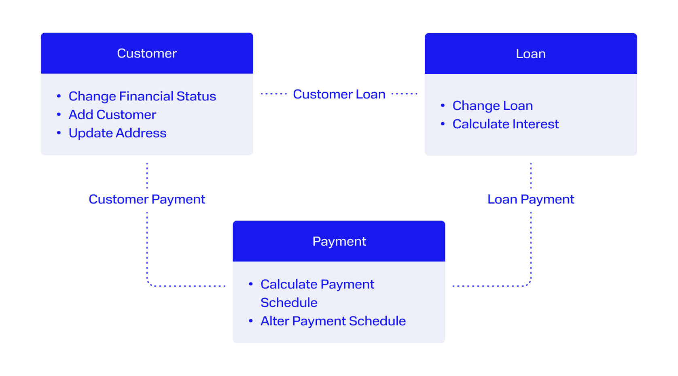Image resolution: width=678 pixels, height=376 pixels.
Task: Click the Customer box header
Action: (x=147, y=53)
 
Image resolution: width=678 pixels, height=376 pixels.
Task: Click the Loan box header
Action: (x=531, y=53)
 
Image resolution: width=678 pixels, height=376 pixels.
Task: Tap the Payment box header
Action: (x=339, y=241)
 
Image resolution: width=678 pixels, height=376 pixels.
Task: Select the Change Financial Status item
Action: (x=142, y=96)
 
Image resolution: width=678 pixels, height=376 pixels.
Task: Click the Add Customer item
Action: (x=112, y=115)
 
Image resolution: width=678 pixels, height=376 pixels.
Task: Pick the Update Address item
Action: (x=117, y=133)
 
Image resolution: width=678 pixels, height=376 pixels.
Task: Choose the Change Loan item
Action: (x=492, y=106)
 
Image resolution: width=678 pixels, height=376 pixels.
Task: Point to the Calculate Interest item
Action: (x=506, y=124)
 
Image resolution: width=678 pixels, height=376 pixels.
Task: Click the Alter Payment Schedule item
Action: (x=333, y=321)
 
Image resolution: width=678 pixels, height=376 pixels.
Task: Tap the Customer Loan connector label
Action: (x=339, y=94)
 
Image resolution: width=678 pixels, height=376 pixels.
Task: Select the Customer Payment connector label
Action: (x=147, y=199)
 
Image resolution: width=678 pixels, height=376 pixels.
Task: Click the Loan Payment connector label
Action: (x=531, y=199)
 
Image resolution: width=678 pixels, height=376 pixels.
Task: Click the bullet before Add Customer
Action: (x=59, y=115)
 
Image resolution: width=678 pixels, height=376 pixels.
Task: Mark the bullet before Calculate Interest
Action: (x=443, y=124)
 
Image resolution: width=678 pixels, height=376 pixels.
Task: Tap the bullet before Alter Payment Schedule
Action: (x=251, y=321)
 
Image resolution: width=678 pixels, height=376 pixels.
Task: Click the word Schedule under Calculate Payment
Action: (x=289, y=303)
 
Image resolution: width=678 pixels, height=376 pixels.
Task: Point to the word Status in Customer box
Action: (x=196, y=96)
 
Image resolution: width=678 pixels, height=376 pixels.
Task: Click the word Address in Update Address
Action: (x=141, y=133)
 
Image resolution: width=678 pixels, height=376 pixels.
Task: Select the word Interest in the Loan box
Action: (x=536, y=124)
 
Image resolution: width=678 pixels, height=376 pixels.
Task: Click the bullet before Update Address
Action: (x=59, y=133)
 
